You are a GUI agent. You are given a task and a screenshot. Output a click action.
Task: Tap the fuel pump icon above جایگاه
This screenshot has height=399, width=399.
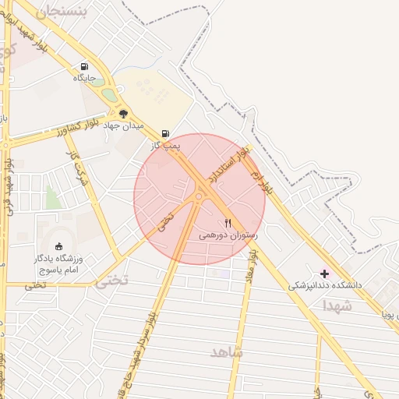click(84, 66)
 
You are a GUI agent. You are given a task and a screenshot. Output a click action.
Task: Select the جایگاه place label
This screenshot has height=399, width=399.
click(84, 78)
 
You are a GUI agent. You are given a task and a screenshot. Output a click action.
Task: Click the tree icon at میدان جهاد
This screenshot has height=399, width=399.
click(123, 114)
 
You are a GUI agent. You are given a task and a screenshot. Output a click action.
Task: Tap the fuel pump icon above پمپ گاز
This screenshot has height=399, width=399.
click(165, 134)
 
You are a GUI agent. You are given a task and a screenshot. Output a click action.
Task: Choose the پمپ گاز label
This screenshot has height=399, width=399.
click(165, 146)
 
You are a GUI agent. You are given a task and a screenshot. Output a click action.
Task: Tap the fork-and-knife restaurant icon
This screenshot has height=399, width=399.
click(228, 223)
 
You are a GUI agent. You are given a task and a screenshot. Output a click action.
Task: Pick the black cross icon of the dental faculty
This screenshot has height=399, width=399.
click(325, 274)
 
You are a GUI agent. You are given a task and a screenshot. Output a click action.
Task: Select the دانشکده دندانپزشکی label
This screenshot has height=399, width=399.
click(325, 285)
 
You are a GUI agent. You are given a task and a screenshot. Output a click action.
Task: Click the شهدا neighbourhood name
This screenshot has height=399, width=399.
click(337, 306)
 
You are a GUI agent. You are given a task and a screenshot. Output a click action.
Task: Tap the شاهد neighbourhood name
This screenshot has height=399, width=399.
click(227, 352)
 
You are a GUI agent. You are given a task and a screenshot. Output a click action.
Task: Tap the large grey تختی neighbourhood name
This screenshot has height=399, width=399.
click(111, 281)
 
